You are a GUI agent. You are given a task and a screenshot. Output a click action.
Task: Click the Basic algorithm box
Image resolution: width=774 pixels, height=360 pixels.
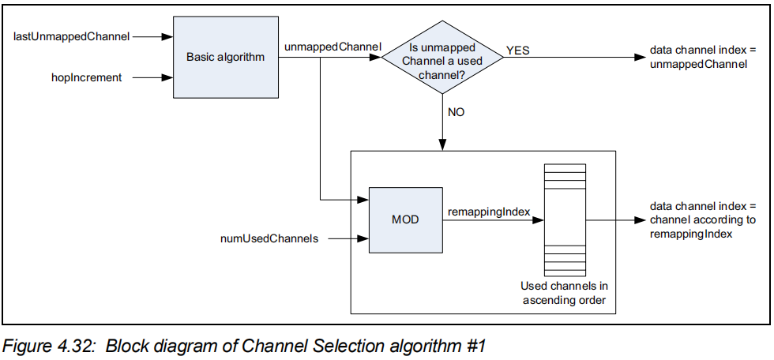click(225, 58)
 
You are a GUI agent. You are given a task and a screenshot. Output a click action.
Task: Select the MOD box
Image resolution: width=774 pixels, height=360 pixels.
click(405, 220)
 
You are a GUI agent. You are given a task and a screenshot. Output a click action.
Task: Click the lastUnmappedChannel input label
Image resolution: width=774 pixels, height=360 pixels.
click(72, 36)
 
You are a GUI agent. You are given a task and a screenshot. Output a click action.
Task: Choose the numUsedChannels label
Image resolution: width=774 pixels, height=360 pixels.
click(270, 238)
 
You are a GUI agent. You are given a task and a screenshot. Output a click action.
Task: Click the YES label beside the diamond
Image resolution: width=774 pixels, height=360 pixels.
click(518, 51)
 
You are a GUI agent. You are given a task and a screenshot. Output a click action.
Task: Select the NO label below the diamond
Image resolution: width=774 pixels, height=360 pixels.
click(457, 111)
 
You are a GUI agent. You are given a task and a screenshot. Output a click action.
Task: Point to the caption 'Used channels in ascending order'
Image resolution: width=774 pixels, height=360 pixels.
click(564, 293)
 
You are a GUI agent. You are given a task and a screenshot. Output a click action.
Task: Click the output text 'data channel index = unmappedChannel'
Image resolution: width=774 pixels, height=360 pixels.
click(698, 57)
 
